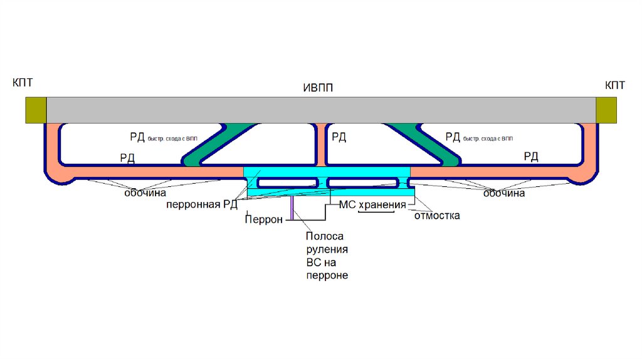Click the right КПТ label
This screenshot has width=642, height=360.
[614, 85]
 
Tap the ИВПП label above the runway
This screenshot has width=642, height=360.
[318, 88]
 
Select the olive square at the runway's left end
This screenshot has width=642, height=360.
[36, 110]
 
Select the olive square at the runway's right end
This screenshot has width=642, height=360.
[606, 110]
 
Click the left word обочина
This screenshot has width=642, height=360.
[144, 194]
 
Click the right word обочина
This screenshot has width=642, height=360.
[503, 194]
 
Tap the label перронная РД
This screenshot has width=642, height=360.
[202, 205]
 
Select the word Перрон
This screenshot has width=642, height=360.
[265, 219]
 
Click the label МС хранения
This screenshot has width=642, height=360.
[369, 205]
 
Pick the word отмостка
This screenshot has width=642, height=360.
[437, 216]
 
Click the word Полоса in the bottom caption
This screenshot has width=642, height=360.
[324, 236]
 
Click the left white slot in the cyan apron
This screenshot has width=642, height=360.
[288, 182]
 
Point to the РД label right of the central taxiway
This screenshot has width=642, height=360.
[339, 136]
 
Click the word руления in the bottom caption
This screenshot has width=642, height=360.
[326, 250]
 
